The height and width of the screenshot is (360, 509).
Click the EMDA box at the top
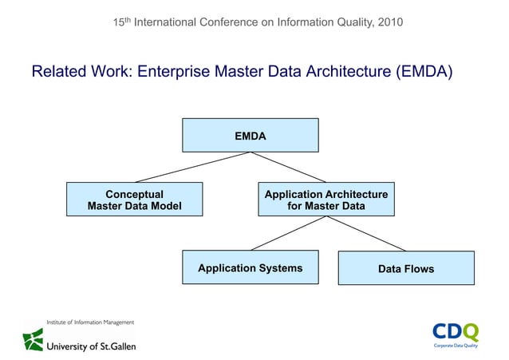coord(250,135)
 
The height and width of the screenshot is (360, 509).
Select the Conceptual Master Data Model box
coord(134,200)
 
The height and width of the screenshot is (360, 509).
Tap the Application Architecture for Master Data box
coord(326,200)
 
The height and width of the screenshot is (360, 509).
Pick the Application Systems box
coord(250,267)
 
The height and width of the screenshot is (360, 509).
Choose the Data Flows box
coord(406,268)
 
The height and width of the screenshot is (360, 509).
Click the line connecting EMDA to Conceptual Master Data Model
coord(191,167)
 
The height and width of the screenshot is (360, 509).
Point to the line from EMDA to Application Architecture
coord(288,167)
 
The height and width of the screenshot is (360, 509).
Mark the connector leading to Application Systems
coord(288,233)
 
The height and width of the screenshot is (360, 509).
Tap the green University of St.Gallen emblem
coord(33,339)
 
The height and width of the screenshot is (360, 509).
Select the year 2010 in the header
coord(389,22)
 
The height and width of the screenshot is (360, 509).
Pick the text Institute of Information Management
coord(78,322)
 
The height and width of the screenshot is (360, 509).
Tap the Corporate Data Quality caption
coord(456,347)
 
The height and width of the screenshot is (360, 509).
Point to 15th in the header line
coord(122,22)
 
